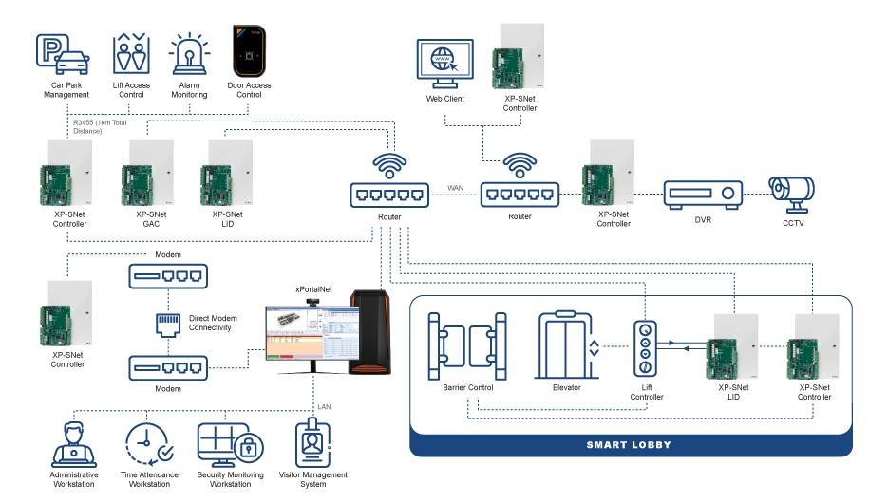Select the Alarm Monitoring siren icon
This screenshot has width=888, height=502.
tap(189, 56)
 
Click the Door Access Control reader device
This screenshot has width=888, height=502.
tap(249, 53)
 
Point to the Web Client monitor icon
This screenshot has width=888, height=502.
tap(442, 63)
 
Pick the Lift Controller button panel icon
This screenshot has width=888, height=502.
tap(646, 348)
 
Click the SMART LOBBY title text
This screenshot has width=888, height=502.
tap(630, 445)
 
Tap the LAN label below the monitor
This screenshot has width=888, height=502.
tap(323, 407)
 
